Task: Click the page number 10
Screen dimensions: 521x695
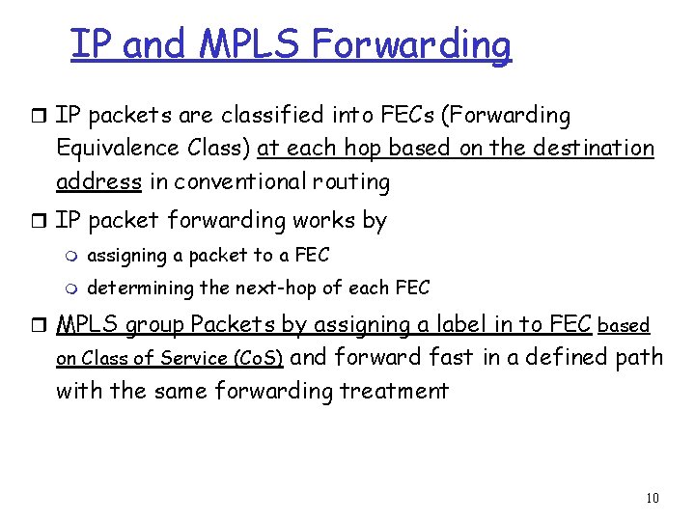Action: click(653, 498)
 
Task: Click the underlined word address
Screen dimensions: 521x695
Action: click(99, 181)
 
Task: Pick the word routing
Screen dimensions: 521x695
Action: click(357, 181)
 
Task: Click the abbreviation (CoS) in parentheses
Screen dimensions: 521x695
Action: click(258, 359)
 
